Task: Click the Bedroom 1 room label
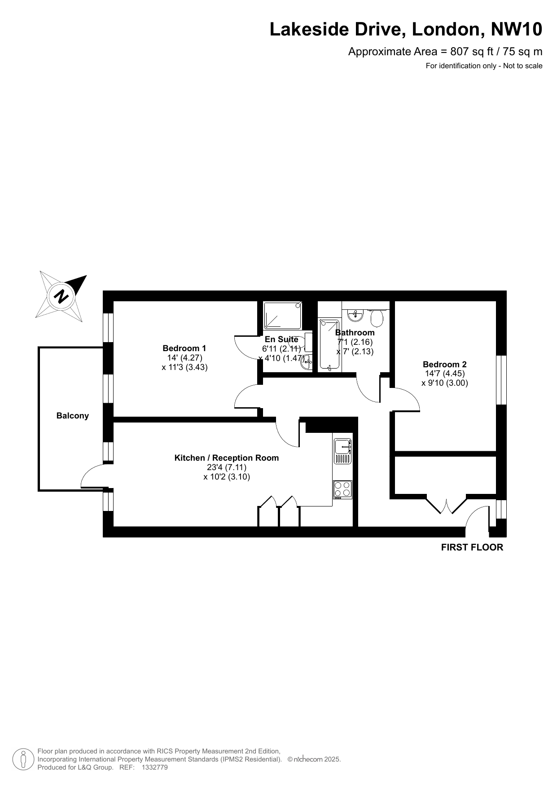coord(184,348)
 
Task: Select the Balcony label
coord(73,416)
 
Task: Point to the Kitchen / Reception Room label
coord(227,458)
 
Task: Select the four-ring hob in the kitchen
coord(343,489)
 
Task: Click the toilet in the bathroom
coord(377,318)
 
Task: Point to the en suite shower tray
coord(283,315)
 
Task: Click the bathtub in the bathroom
coord(329,345)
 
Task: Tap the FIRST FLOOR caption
coord(472,547)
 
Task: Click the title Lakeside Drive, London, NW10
coord(406,30)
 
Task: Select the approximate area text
coord(445,52)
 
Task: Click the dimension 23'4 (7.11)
coord(227,467)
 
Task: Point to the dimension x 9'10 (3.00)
coord(445,383)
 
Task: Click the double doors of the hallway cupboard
coord(447,505)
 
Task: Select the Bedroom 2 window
coord(501,380)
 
